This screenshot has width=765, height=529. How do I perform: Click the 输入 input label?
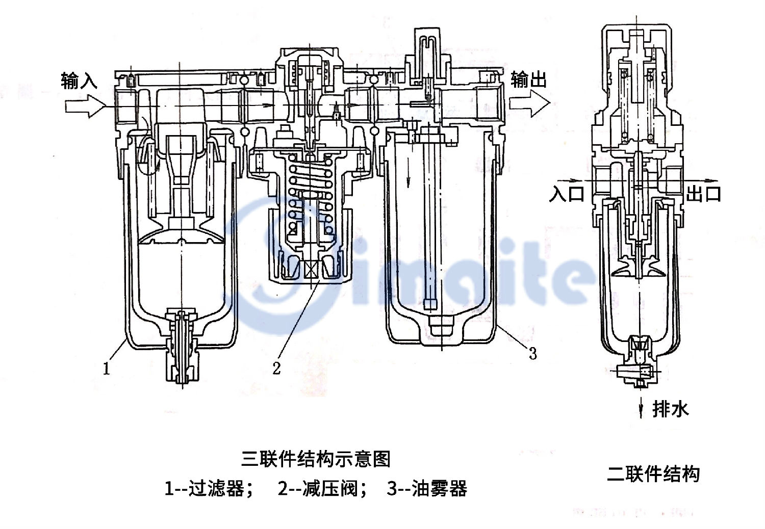79,81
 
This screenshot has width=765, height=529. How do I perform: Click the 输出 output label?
528,80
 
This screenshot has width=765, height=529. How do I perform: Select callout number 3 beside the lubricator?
532,353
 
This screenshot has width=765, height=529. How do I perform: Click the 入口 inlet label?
566,194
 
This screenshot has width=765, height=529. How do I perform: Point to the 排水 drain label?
670,409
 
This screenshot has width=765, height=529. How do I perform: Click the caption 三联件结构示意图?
316,459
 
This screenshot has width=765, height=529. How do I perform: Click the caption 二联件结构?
653,474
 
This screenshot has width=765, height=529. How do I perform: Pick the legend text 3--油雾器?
427,489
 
